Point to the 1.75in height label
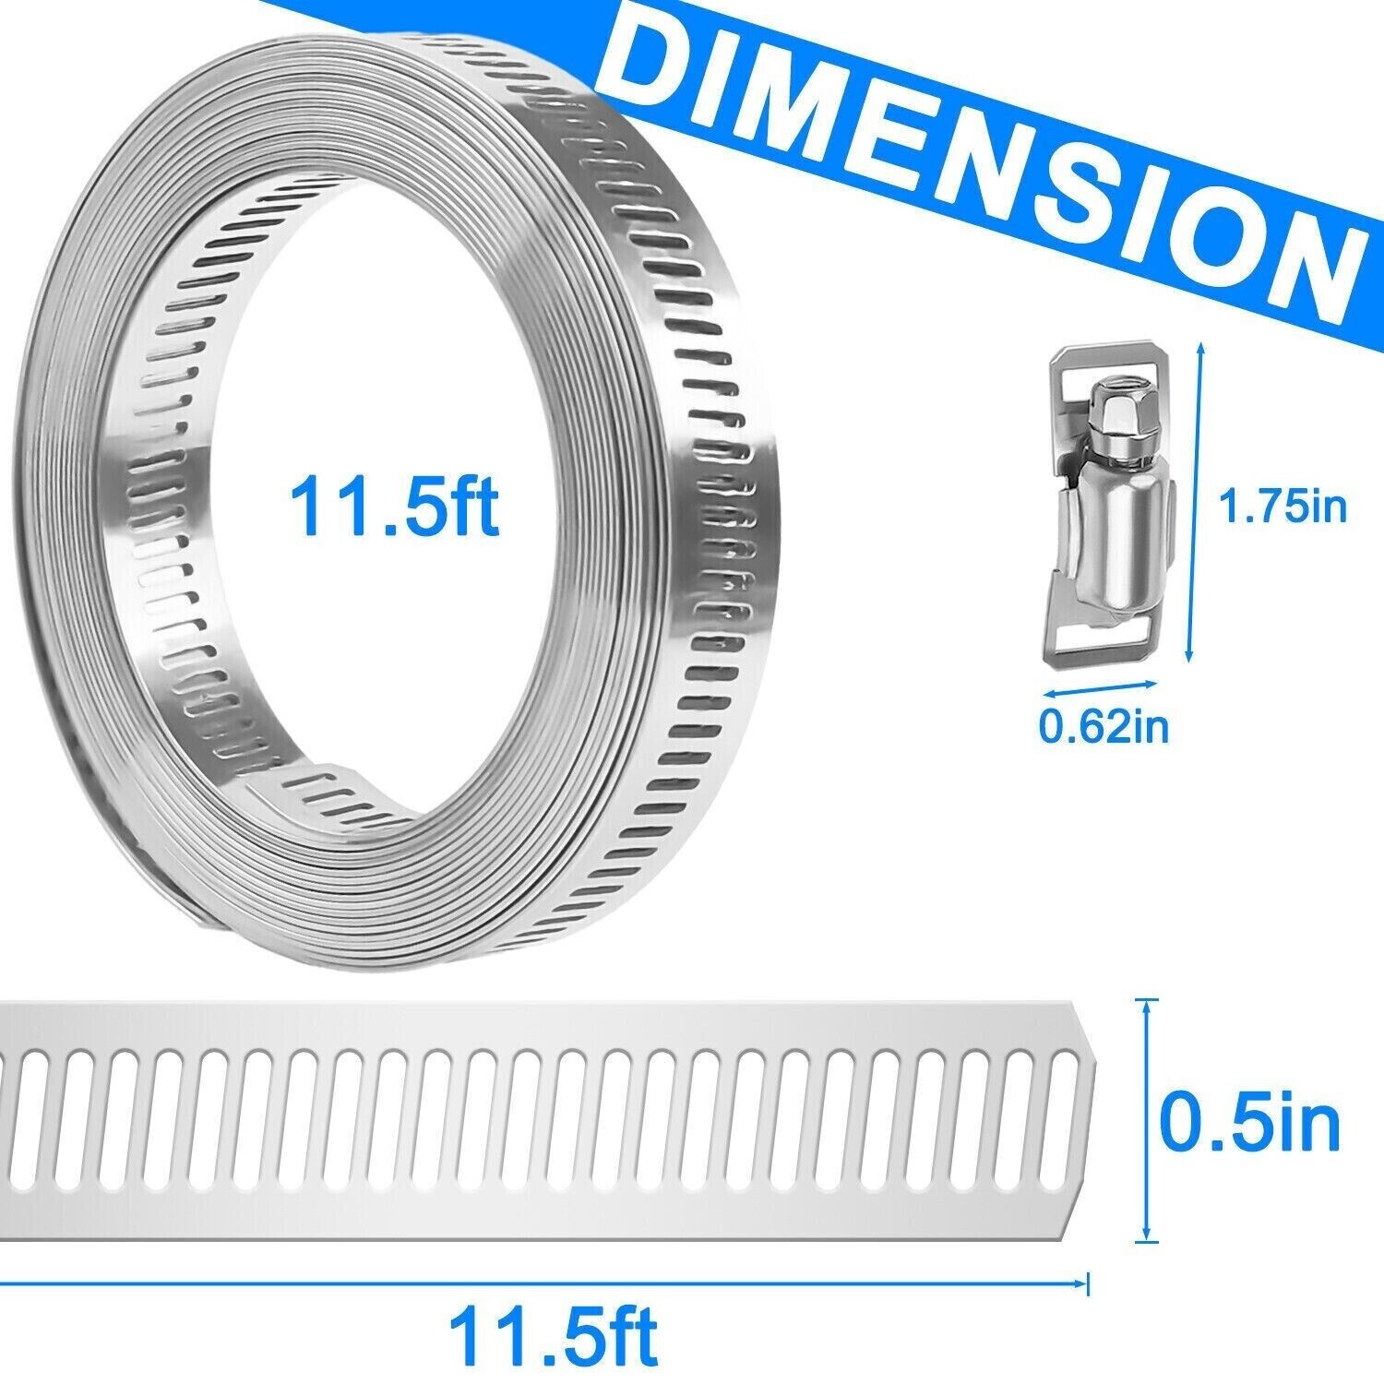point(1283,507)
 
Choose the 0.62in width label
point(1104,727)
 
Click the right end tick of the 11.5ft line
point(1089,1282)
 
